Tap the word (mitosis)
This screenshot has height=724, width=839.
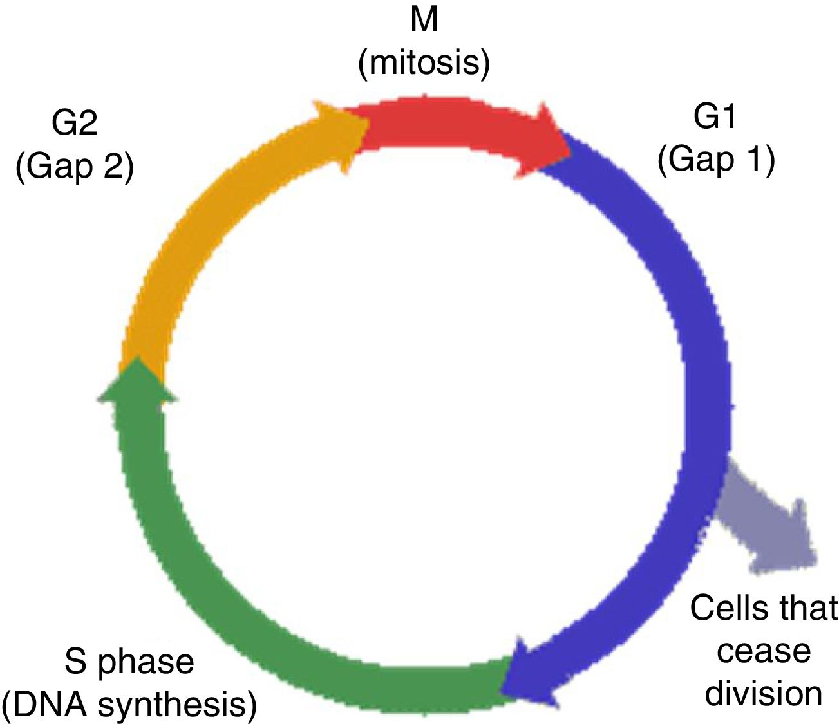(x=424, y=63)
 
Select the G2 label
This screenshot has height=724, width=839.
(x=75, y=122)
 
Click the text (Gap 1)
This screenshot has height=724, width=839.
(x=715, y=160)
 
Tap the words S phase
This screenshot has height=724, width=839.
(x=129, y=662)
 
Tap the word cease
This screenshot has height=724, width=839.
(x=764, y=651)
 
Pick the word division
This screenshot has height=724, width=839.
(x=764, y=694)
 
